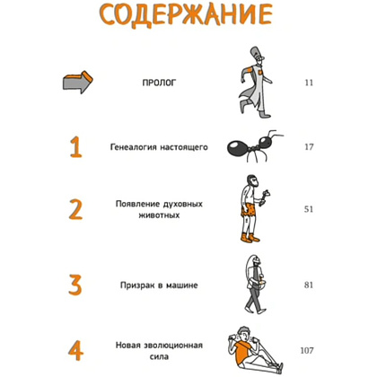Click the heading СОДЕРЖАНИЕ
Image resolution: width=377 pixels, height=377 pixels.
[186, 15]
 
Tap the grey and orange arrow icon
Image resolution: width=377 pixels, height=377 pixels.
[77, 82]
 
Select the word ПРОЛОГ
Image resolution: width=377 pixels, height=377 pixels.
[159, 83]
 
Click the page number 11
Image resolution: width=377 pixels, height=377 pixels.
[309, 83]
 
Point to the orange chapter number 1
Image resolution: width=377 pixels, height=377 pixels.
[75, 146]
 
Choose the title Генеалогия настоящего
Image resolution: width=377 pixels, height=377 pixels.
[159, 147]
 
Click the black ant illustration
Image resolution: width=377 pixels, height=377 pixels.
[254, 145]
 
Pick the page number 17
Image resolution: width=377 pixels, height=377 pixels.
[309, 147]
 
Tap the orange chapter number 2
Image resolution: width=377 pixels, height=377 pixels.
[75, 209]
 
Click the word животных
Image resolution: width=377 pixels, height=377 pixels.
[159, 215]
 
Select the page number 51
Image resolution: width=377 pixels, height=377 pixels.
[309, 209]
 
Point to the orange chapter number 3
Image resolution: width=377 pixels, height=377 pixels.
[75, 285]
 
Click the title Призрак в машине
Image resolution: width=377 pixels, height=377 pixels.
[159, 285]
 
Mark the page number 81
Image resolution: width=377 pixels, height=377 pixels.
[309, 285]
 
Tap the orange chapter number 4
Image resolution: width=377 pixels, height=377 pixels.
[75, 350]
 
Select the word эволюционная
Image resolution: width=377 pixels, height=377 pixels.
[173, 346]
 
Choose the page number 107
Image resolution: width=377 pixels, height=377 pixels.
[307, 350]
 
